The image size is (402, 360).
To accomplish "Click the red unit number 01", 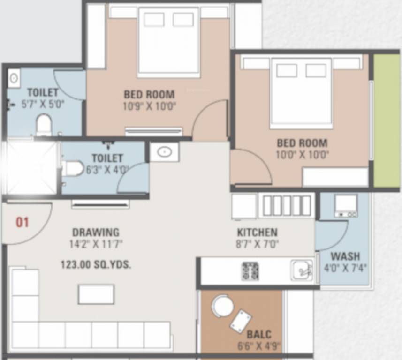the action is pyautogui.click(x=23, y=222).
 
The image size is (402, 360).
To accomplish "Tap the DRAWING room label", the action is pyautogui.click(x=96, y=232).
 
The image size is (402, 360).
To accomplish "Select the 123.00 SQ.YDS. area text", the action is pyautogui.click(x=96, y=264).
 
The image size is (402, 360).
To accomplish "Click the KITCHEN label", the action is pyautogui.click(x=257, y=232).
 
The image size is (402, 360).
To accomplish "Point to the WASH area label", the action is pyautogui.click(x=345, y=256).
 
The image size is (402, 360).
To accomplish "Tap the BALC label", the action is pyautogui.click(x=259, y=334).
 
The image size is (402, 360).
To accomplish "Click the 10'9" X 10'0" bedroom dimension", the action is pyautogui.click(x=150, y=106).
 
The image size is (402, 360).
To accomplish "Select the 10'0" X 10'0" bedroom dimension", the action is pyautogui.click(x=302, y=155).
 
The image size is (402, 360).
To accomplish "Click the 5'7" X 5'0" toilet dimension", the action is pyautogui.click(x=43, y=104).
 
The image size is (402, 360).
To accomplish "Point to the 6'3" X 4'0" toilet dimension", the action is pyautogui.click(x=107, y=170).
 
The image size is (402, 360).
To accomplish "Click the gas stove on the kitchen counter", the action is pyautogui.click(x=250, y=271).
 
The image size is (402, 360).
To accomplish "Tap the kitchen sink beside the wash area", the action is pyautogui.click(x=302, y=270).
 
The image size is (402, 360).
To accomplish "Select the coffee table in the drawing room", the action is pyautogui.click(x=96, y=294).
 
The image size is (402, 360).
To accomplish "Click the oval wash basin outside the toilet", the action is pyautogui.click(x=164, y=152).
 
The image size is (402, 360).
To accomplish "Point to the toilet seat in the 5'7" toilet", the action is pyautogui.click(x=44, y=125).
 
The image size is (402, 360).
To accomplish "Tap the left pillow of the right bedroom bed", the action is pyautogui.click(x=287, y=70).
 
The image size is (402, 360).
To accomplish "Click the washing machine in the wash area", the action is pyautogui.click(x=346, y=206).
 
